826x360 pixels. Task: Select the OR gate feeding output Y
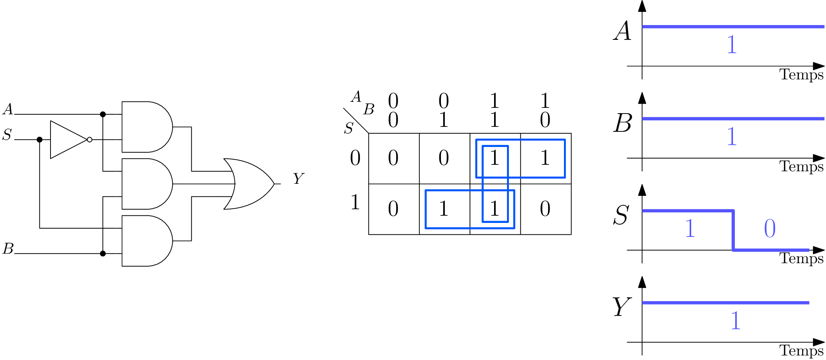pyautogui.click(x=249, y=184)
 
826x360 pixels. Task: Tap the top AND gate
pyautogui.click(x=146, y=127)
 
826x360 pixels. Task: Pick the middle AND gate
pyautogui.click(x=146, y=184)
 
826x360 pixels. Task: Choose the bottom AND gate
pyautogui.click(x=146, y=241)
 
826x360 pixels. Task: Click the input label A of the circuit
pyautogui.click(x=8, y=109)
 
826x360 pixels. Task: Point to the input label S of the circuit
pyautogui.click(x=7, y=135)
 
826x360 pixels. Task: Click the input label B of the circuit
pyautogui.click(x=8, y=249)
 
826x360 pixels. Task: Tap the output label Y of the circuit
pyautogui.click(x=298, y=178)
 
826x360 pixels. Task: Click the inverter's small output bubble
pyautogui.click(x=90, y=140)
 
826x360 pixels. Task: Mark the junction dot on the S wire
pyautogui.click(x=39, y=140)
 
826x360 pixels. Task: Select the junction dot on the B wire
pyautogui.click(x=103, y=253)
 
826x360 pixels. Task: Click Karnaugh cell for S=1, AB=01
pyautogui.click(x=444, y=209)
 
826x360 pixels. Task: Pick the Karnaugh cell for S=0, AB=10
pyautogui.click(x=545, y=158)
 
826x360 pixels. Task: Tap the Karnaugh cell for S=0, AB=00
pyautogui.click(x=393, y=158)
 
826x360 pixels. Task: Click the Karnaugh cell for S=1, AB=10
pyautogui.click(x=545, y=209)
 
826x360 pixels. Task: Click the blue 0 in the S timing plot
pyautogui.click(x=770, y=229)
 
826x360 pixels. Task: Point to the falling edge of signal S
pyautogui.click(x=733, y=230)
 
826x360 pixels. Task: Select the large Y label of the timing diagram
pyautogui.click(x=621, y=307)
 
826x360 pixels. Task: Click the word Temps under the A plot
pyautogui.click(x=801, y=74)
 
